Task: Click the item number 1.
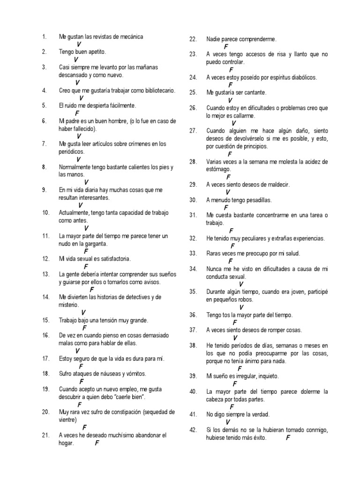(x=44, y=37)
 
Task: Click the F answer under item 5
(x=77, y=113)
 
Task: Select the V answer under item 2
(x=76, y=60)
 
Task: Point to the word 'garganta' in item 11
(x=96, y=244)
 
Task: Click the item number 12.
(x=45, y=259)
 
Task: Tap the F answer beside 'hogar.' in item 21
(x=97, y=443)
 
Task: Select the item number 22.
(x=193, y=39)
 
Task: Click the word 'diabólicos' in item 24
(x=300, y=77)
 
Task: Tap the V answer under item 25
(x=230, y=100)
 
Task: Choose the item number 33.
(x=193, y=254)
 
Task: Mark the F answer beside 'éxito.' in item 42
(x=288, y=437)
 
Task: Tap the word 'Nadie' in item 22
(x=214, y=39)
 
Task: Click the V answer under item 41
(x=228, y=422)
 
